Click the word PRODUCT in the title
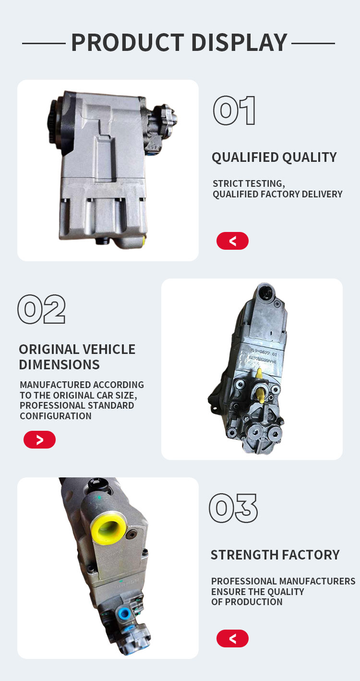coord(128,42)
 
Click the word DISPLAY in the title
coord(239,42)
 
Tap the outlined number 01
coord(234,110)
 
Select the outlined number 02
coord(41,309)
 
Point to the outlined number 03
coord(233,508)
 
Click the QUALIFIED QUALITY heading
coord(274,158)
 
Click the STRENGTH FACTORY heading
coord(275,555)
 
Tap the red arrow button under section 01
coord(232,241)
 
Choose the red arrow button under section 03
coord(232,638)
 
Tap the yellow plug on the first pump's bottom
coord(144,242)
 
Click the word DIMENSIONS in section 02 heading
coord(59,365)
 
